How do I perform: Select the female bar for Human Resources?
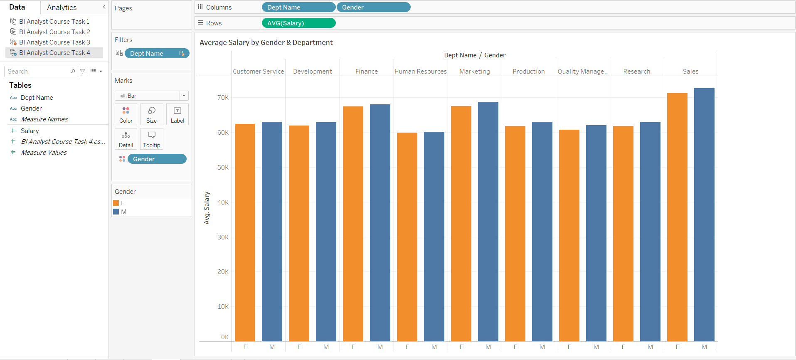tap(407, 237)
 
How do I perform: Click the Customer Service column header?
tap(258, 72)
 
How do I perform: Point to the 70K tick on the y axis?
tap(223, 98)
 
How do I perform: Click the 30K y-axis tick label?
tap(223, 237)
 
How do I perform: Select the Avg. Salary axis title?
tap(207, 208)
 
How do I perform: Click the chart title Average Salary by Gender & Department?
tap(266, 42)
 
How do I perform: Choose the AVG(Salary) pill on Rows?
tap(298, 23)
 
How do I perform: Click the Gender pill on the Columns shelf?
tap(373, 7)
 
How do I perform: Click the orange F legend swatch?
tap(116, 203)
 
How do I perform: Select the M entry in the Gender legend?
tap(123, 212)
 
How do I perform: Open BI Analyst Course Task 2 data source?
tap(54, 32)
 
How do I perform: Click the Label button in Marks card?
tap(177, 114)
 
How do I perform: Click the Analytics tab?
tap(62, 7)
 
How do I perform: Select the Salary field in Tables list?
tap(30, 131)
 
